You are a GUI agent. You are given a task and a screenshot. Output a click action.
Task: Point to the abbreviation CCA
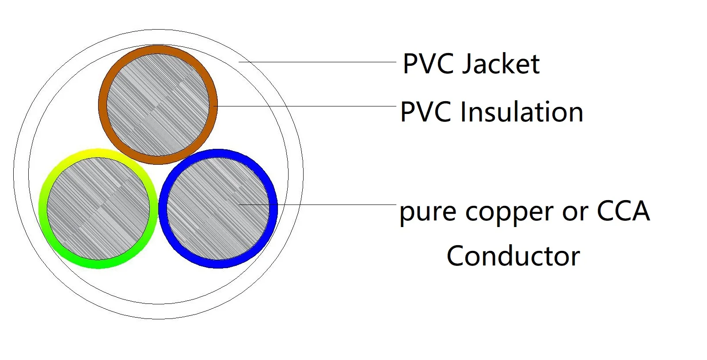coord(623,211)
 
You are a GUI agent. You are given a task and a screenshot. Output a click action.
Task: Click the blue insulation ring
coord(273,208)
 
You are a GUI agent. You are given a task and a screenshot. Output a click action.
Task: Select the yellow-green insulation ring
coord(43,208)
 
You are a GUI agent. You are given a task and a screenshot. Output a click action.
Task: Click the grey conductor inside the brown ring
coord(158,105)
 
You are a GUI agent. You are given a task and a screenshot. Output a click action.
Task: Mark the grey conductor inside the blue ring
coord(218,208)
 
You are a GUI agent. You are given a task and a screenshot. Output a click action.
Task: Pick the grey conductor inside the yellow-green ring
coord(98,208)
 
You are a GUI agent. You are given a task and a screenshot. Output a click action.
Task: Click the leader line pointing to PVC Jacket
coord(318,62)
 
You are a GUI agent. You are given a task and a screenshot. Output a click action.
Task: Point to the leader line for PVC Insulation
coord(305,106)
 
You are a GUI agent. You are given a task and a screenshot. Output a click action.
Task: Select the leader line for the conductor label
coord(336,205)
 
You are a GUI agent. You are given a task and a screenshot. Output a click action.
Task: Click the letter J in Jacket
coord(467,64)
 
